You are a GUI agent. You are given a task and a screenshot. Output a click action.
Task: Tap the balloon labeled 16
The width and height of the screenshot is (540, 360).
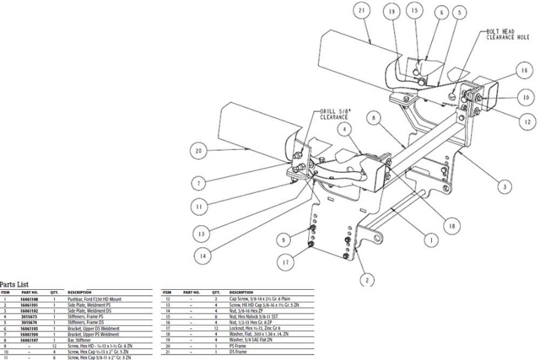(x=523, y=71)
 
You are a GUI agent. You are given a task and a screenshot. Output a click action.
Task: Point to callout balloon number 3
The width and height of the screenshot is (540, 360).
(x=505, y=187)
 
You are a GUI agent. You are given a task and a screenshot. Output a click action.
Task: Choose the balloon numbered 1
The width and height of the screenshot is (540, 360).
(x=430, y=240)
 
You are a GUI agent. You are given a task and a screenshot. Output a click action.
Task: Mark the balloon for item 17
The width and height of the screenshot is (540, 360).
(x=285, y=262)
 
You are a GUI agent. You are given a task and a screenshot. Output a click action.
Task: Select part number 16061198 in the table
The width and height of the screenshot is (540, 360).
(x=31, y=298)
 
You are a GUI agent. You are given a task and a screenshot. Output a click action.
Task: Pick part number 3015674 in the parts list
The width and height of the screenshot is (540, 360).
(x=31, y=321)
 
